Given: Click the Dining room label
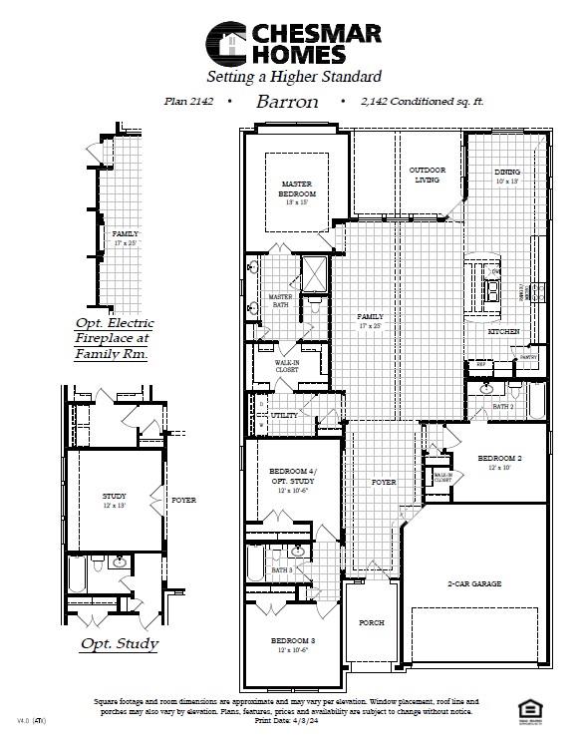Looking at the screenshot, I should (507, 172).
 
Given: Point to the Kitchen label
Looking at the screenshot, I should (503, 331).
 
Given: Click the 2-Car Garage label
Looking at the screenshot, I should (473, 583).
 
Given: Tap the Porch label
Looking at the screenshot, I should (372, 622).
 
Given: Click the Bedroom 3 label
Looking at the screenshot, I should (293, 639).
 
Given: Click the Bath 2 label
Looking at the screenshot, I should (503, 407).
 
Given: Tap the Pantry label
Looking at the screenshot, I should (529, 356).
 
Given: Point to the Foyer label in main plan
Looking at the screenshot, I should (384, 482).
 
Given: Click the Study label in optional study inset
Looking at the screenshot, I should (115, 496).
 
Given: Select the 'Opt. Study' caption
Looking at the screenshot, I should (119, 643).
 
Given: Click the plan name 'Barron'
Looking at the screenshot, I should (287, 102).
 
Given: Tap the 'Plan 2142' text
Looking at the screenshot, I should (190, 102).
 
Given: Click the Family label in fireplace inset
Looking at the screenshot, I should (126, 233).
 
